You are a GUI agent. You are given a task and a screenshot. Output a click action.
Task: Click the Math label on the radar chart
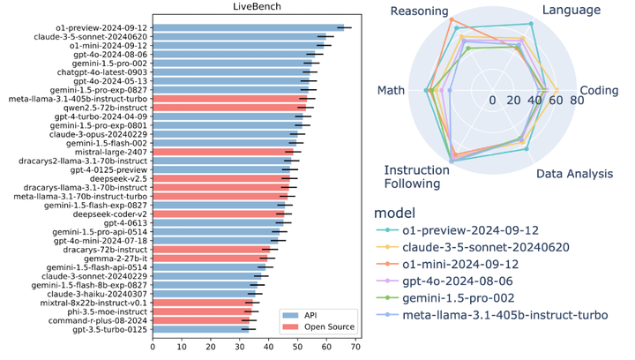[391, 90]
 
